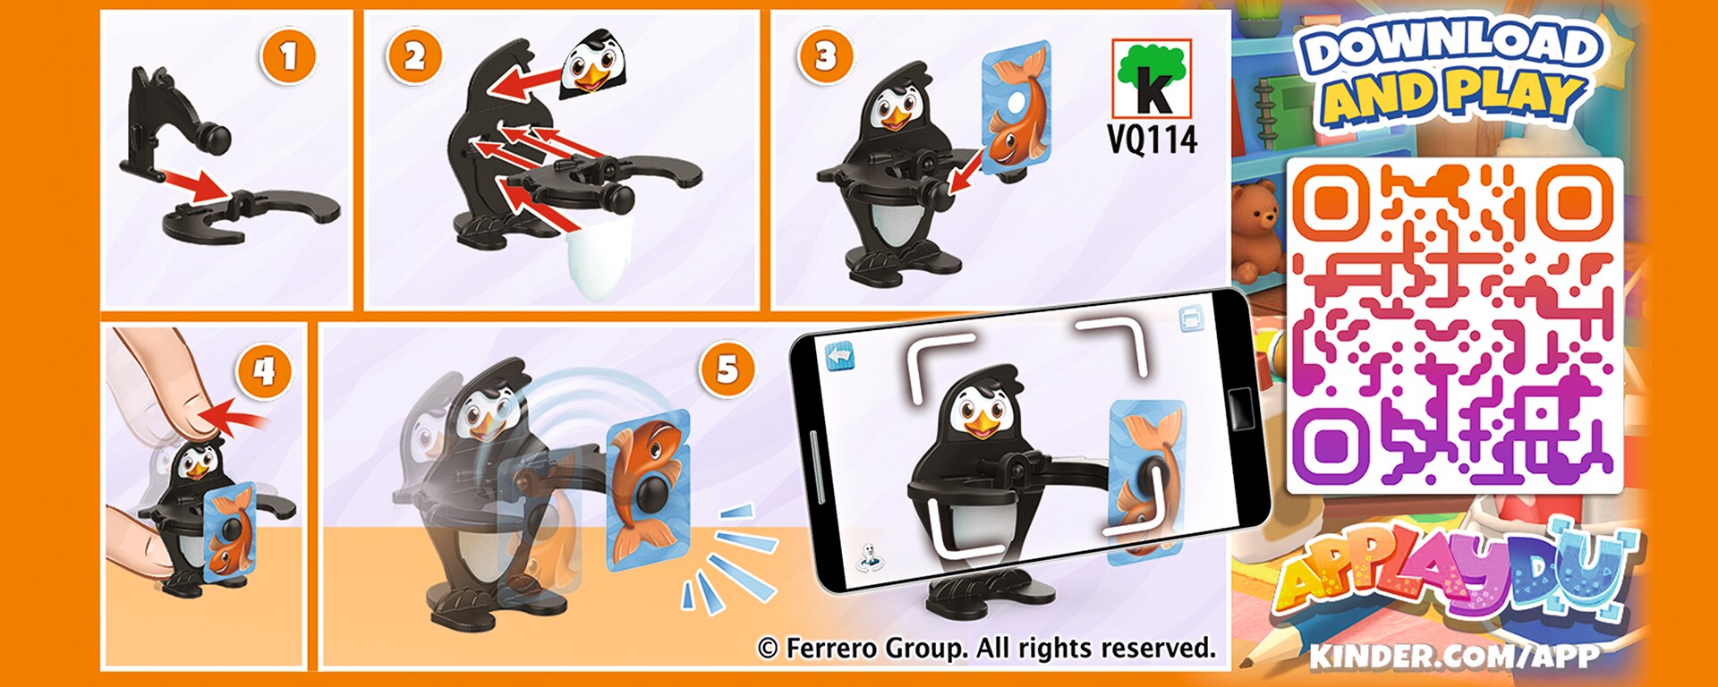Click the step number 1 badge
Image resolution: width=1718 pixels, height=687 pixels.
pos(288,57)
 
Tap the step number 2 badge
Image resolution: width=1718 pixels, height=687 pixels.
pos(414,56)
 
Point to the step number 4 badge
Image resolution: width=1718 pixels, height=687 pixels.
pos(264,371)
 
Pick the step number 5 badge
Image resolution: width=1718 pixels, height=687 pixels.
pos(727,369)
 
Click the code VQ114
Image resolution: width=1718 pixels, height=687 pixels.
pos(1152,140)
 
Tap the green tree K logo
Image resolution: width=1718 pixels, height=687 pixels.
pos(1152,78)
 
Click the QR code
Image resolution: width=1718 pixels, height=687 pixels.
pos(1454,326)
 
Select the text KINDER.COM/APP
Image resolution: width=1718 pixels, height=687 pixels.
pos(1454,656)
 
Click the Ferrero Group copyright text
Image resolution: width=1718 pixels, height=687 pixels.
pos(987,648)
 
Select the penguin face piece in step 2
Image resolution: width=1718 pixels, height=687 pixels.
pos(591,62)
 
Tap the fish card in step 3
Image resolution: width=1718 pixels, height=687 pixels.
pos(1017,106)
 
